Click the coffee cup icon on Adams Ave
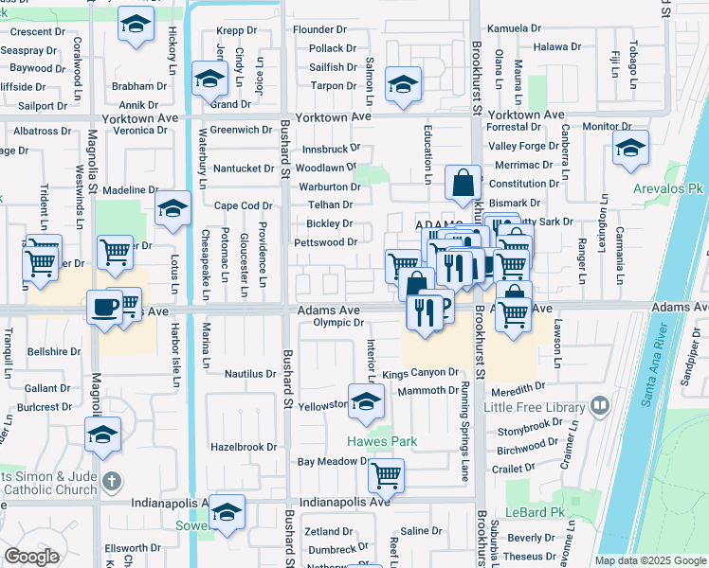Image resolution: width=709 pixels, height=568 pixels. pos(103,306)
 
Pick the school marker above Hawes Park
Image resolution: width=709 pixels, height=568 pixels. pos(365,404)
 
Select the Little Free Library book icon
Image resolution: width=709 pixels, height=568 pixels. pos(599,406)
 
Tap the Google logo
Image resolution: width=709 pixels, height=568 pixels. pos(31,556)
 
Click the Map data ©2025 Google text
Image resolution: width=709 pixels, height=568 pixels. pos(649,560)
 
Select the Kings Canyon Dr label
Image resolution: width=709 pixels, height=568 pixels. pos(420,374)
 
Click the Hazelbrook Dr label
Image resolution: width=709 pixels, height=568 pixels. pos(243,446)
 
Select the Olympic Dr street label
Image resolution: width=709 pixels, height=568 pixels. pos(338,323)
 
